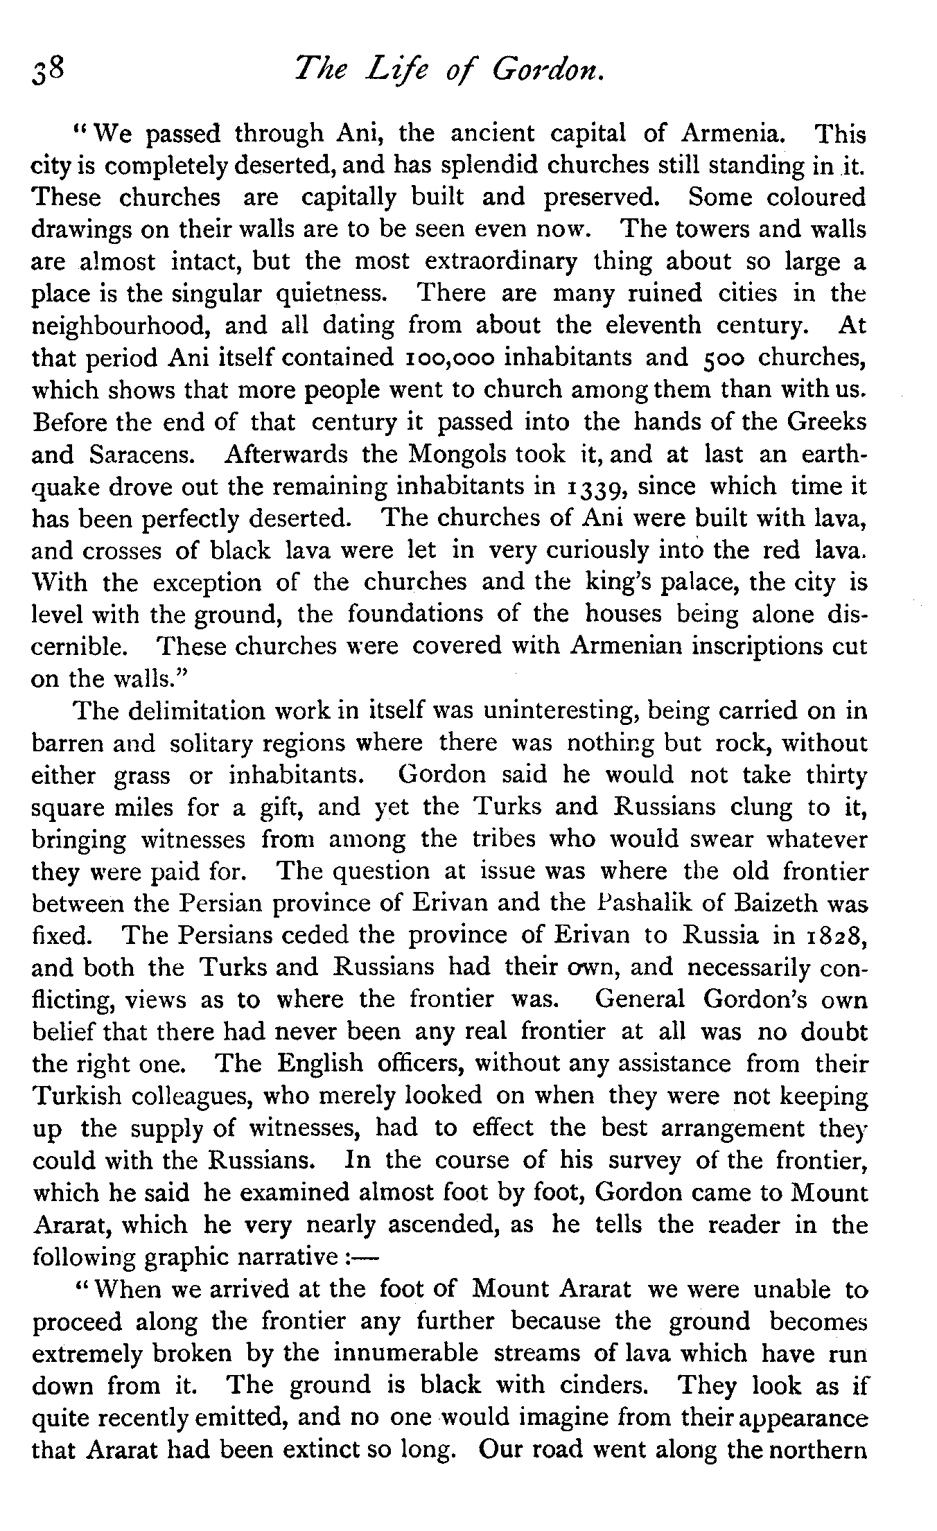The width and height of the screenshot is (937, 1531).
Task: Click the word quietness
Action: (x=331, y=293)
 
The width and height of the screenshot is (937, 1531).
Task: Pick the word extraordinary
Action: (x=500, y=261)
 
